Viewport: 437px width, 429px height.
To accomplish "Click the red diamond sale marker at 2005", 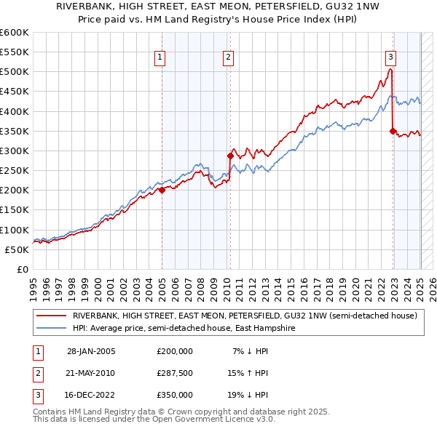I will tap(162, 191).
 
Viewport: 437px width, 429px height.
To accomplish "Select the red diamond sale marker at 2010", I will tap(230, 156).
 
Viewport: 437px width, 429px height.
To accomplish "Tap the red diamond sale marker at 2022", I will tap(393, 131).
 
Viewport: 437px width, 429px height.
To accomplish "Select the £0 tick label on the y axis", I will tap(22, 269).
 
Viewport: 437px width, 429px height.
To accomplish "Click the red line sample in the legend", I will tap(51, 316).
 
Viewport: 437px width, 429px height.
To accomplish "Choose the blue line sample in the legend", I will tap(51, 328).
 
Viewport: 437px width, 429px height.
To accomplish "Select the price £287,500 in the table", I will tap(175, 373).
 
